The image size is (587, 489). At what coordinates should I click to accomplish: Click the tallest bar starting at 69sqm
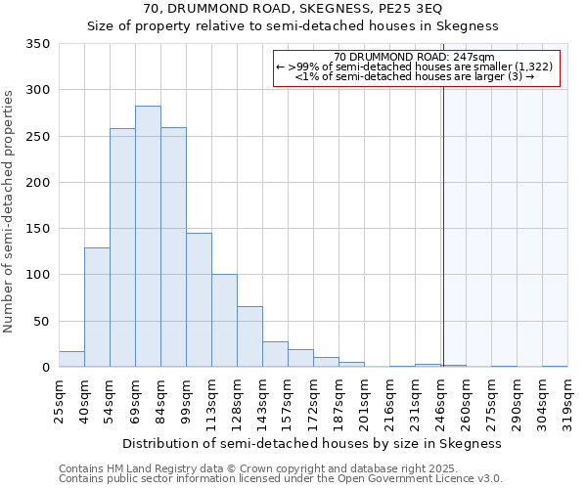coord(148,237)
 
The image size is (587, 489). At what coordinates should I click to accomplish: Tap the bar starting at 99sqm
coord(199,300)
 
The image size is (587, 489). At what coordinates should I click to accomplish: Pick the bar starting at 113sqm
coord(224,321)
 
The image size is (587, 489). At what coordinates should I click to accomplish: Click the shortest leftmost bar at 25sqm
coord(71,359)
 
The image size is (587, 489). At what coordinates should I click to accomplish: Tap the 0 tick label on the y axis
coord(45,368)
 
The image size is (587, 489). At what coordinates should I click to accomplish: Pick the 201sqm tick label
coord(364,400)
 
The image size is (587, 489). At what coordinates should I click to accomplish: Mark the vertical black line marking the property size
coord(443,215)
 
